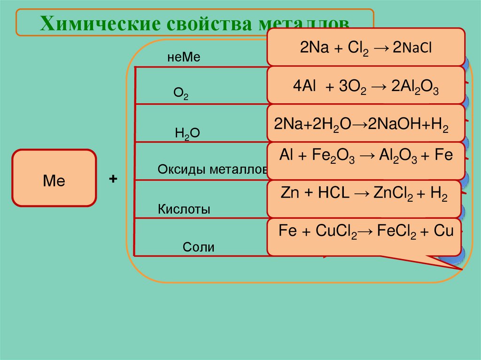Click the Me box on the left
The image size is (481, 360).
click(x=54, y=178)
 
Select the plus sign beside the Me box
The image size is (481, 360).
click(x=113, y=179)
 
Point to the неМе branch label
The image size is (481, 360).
click(x=183, y=57)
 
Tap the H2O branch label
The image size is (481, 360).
click(x=187, y=133)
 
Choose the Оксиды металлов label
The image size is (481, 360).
click(x=212, y=169)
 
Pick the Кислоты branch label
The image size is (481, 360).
click(x=184, y=209)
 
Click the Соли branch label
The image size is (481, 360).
click(x=198, y=247)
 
